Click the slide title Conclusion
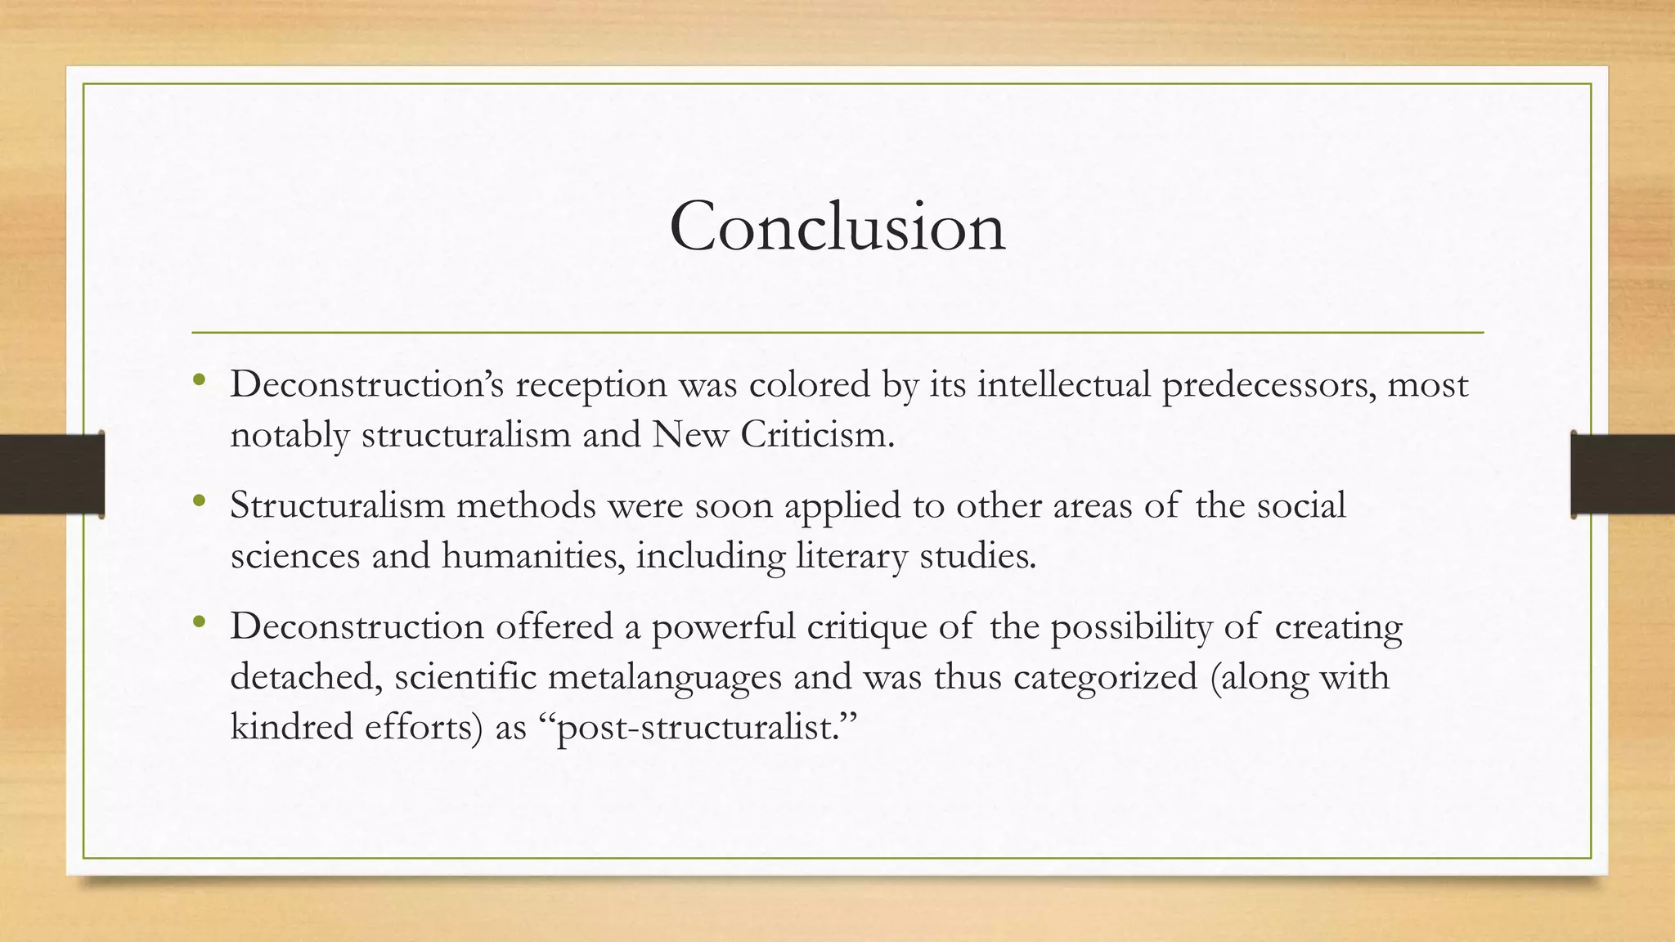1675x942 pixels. [x=837, y=227]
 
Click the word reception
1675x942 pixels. [x=591, y=385]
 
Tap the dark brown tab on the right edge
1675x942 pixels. [x=1623, y=474]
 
